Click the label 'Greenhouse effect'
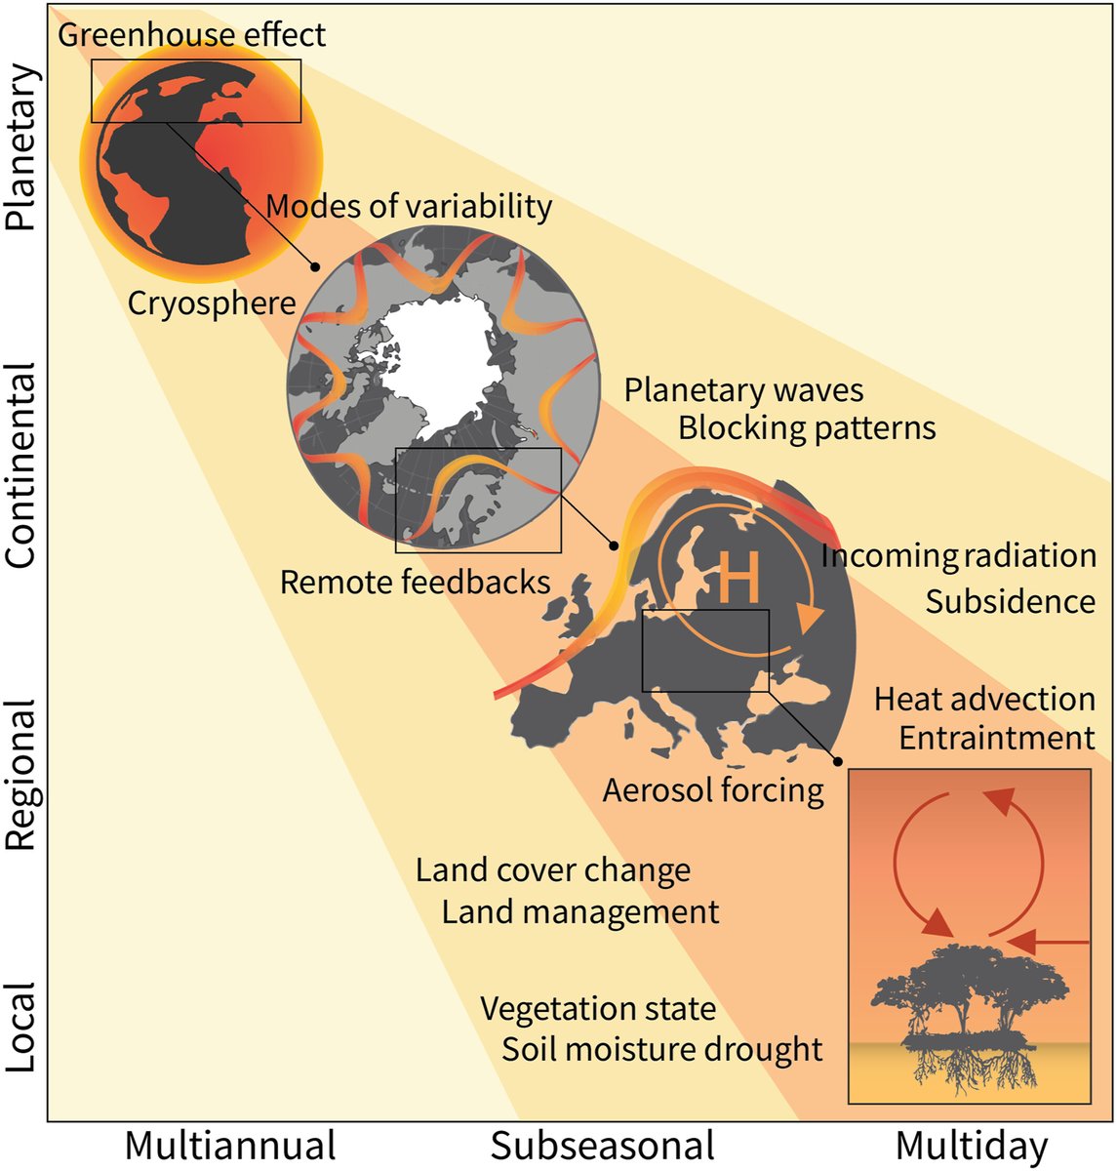click(192, 35)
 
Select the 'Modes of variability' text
click(409, 207)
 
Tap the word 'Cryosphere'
click(212, 303)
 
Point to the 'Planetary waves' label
click(743, 390)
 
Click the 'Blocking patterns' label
click(807, 427)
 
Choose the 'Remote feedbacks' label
click(415, 583)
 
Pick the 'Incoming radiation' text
click(958, 555)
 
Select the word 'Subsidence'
click(1010, 601)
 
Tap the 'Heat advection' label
click(984, 699)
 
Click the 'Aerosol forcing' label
click(713, 789)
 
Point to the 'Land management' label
click(580, 912)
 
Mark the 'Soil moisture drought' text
click(662, 1050)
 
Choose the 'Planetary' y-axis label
click(21, 147)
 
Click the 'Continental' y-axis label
click(21, 464)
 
